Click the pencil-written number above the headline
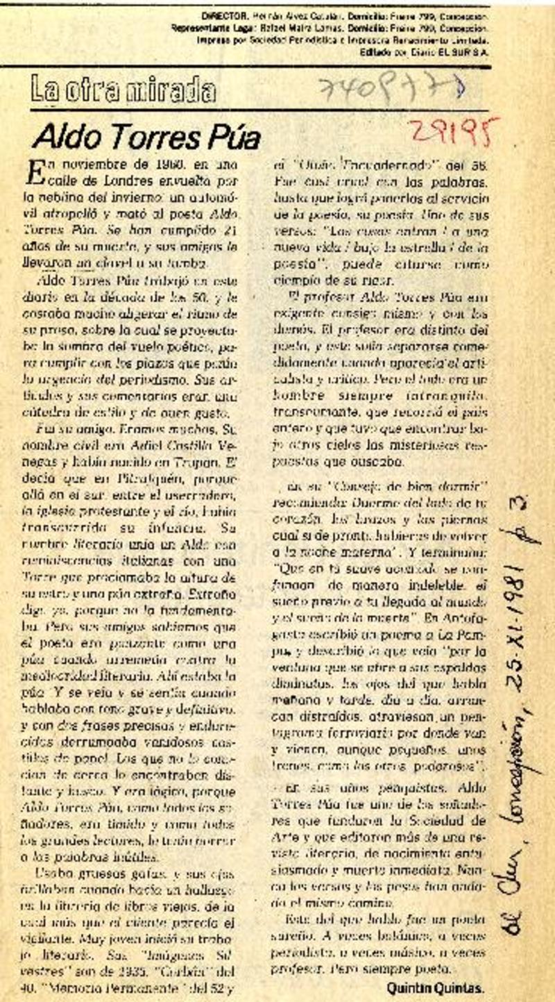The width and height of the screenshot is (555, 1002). pyautogui.click(x=391, y=88)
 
